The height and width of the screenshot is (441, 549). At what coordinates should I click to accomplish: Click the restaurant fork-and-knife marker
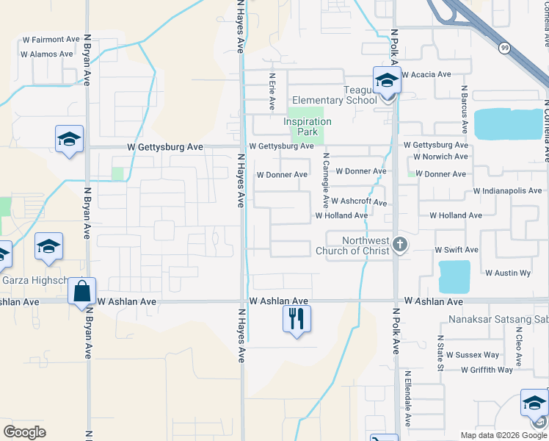(297, 319)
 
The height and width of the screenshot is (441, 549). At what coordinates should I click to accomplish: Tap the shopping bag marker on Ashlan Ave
(82, 292)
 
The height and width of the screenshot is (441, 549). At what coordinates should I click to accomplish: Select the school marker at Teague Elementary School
(387, 81)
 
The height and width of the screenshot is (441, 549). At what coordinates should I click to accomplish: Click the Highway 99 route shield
(503, 48)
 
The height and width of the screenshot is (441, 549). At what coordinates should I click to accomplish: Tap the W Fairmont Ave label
(51, 39)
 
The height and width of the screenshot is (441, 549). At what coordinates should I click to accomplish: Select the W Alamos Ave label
(47, 54)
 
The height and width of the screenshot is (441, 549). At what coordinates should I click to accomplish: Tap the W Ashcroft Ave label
(358, 201)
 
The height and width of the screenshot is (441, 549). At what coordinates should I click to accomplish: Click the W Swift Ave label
(456, 250)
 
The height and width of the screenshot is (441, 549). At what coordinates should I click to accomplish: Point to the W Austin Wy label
(508, 273)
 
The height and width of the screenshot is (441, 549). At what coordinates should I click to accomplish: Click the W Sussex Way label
(473, 354)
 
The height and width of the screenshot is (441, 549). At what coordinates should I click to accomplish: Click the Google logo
(24, 432)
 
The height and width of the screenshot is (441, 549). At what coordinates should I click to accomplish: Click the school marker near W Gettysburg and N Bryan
(69, 139)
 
